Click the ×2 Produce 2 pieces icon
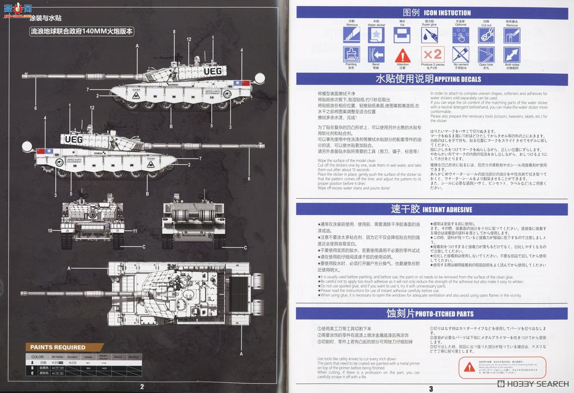click(x=432, y=54)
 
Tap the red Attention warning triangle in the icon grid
click(x=403, y=54)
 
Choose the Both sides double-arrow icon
click(x=511, y=54)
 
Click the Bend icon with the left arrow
click(x=376, y=54)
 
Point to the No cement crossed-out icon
click(x=460, y=54)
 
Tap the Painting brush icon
click(x=352, y=54)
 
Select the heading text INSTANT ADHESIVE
click(x=447, y=210)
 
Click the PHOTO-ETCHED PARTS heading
click(x=444, y=314)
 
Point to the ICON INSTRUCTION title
click(x=447, y=13)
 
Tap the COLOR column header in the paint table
click(x=37, y=356)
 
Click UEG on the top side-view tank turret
click(x=212, y=72)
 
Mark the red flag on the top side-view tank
click(x=246, y=83)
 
